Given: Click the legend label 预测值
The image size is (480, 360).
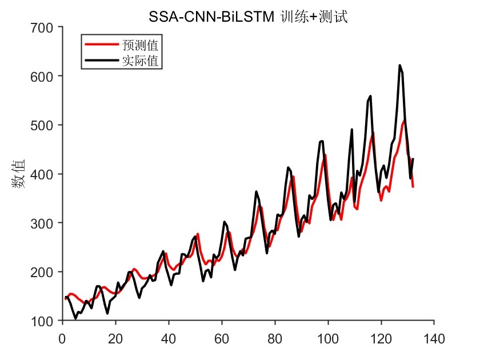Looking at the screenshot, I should point(140,44).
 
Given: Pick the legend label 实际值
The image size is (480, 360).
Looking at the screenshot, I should point(140,59).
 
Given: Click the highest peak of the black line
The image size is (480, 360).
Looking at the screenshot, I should point(399,66).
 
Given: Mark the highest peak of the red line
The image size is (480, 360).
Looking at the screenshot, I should point(405,121).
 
